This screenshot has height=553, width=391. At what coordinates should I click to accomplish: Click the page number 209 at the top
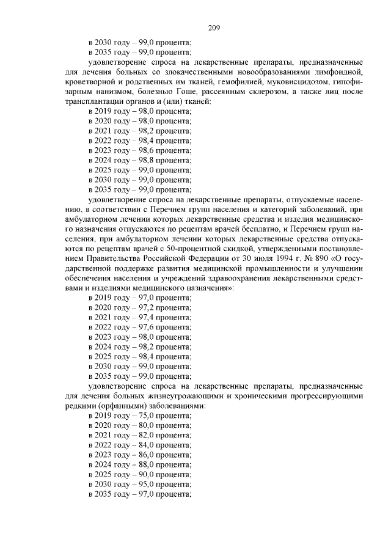pyautogui.click(x=213, y=27)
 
